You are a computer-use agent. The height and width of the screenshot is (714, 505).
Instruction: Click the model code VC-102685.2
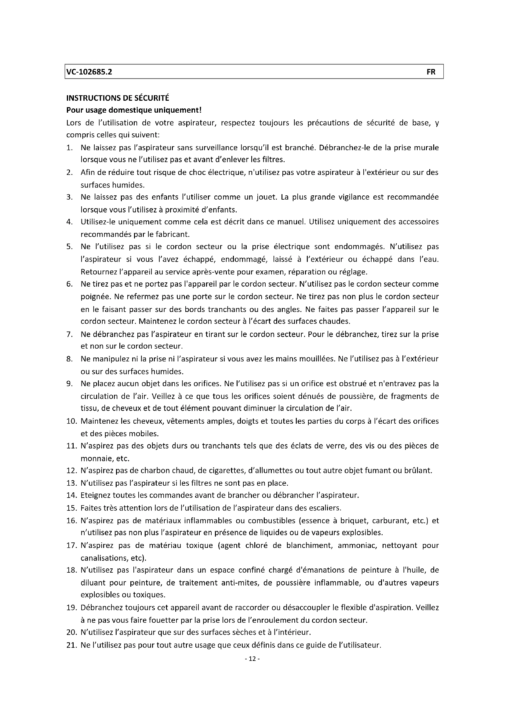click(x=89, y=72)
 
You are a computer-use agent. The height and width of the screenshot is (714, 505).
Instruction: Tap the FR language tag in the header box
click(x=431, y=72)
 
